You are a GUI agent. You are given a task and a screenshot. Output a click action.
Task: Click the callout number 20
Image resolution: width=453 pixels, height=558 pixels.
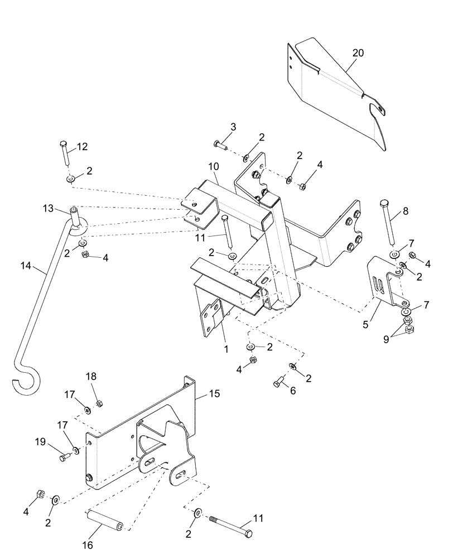[x=358, y=53]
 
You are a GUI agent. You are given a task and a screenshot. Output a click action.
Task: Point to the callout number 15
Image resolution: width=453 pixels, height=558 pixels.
[x=215, y=393]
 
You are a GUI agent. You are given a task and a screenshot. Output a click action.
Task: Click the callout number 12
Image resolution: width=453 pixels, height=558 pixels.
[x=82, y=147]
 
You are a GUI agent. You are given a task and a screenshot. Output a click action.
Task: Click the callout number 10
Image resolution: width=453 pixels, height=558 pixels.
[x=215, y=166]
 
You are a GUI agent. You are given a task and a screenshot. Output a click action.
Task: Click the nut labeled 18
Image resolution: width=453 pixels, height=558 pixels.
[x=99, y=403]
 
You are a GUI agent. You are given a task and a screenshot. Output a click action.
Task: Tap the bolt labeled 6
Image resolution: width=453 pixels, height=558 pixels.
[x=280, y=383]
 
